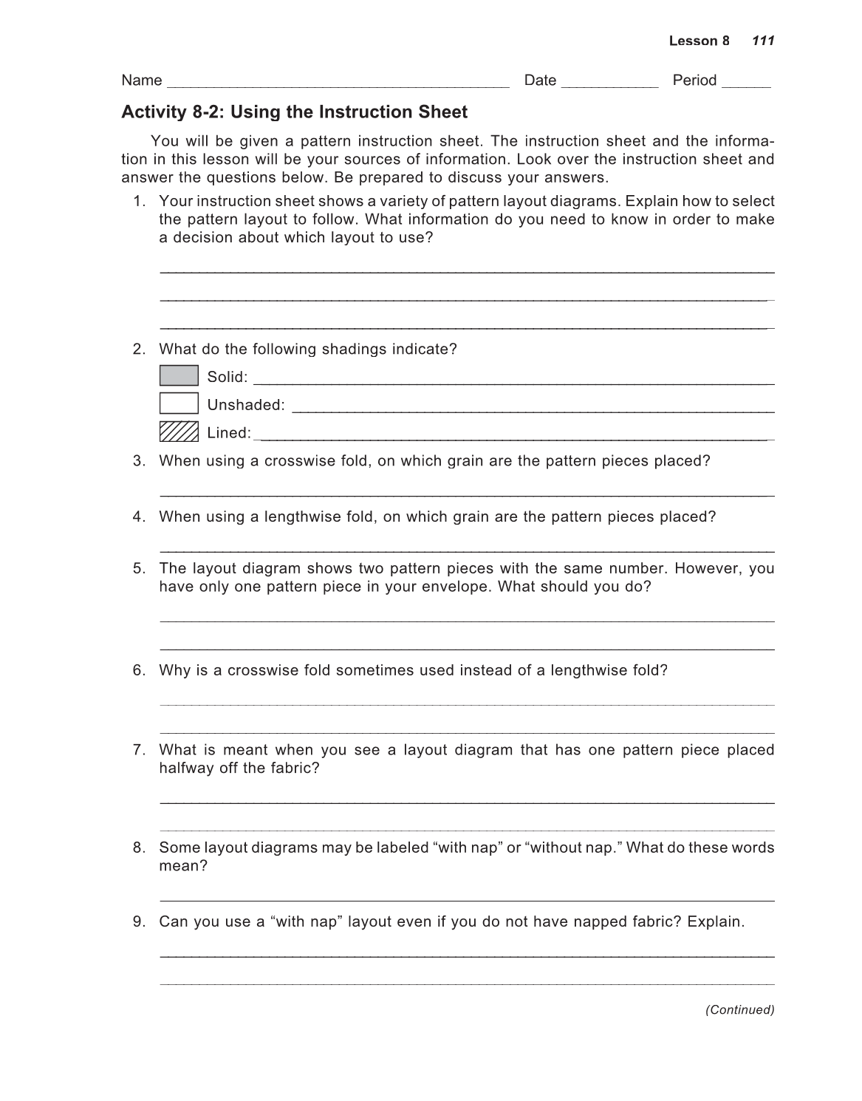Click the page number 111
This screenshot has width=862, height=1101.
click(763, 41)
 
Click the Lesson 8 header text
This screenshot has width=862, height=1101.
click(699, 41)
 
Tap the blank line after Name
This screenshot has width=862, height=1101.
click(338, 83)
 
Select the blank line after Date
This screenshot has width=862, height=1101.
click(609, 83)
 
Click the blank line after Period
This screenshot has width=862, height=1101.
click(746, 83)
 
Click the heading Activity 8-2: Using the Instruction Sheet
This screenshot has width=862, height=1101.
click(294, 112)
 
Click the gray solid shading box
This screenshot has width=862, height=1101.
click(179, 376)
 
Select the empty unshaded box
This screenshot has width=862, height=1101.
click(179, 403)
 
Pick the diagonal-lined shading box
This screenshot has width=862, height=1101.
click(179, 432)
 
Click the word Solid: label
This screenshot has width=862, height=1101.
click(228, 377)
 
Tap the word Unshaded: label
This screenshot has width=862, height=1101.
click(246, 405)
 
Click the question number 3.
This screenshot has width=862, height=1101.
click(139, 461)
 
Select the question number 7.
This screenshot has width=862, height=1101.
click(139, 750)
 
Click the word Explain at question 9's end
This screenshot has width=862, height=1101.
click(714, 921)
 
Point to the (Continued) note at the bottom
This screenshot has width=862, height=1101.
click(739, 1009)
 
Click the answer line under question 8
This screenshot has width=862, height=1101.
click(467, 900)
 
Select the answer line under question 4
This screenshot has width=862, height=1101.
click(467, 551)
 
